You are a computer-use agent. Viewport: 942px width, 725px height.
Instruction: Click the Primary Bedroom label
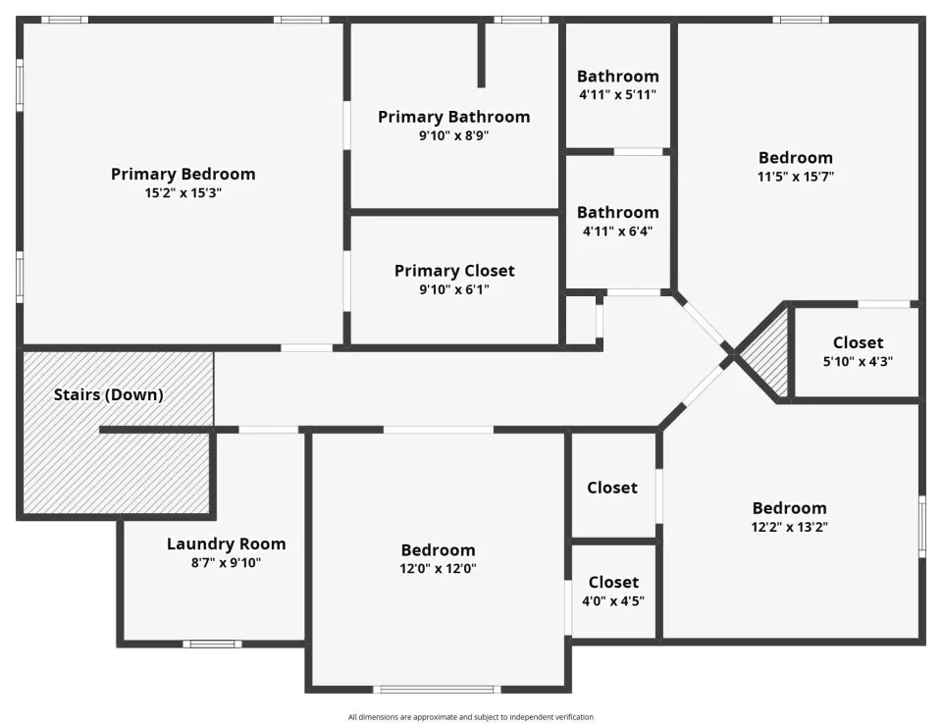click(183, 175)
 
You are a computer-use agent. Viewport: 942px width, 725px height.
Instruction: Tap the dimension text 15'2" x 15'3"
click(183, 193)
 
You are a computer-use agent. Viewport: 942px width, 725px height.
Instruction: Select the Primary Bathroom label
click(454, 117)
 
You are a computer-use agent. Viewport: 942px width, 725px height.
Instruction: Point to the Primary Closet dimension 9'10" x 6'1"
click(454, 289)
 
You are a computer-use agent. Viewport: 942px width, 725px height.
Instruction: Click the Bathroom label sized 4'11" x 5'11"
click(617, 77)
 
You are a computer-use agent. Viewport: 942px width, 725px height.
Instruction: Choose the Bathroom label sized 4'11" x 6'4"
click(617, 212)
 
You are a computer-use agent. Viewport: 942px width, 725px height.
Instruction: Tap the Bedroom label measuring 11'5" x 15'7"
click(796, 158)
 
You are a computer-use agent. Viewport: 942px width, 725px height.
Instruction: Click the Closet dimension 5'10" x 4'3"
click(858, 362)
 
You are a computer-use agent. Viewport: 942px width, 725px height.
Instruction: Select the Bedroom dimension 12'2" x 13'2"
click(789, 527)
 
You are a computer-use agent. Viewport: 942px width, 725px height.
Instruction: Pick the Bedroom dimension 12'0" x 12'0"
click(438, 568)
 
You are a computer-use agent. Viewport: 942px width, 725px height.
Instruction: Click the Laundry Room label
click(226, 544)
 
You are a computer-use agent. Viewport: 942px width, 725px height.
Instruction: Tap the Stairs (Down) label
click(109, 394)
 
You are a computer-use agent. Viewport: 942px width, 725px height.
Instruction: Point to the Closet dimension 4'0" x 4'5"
click(613, 600)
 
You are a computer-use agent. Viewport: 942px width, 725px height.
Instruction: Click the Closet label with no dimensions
click(612, 488)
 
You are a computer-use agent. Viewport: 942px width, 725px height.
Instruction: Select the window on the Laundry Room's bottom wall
click(212, 644)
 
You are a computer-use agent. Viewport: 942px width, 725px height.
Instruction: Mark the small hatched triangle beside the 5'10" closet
click(767, 354)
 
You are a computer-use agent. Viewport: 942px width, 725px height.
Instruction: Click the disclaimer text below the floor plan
click(471, 716)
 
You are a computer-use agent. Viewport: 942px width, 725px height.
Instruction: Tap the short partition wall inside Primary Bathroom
click(481, 55)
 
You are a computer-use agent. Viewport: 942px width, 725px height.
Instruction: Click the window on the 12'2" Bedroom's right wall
click(922, 527)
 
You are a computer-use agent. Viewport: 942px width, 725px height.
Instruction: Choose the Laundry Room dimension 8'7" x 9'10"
click(226, 563)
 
